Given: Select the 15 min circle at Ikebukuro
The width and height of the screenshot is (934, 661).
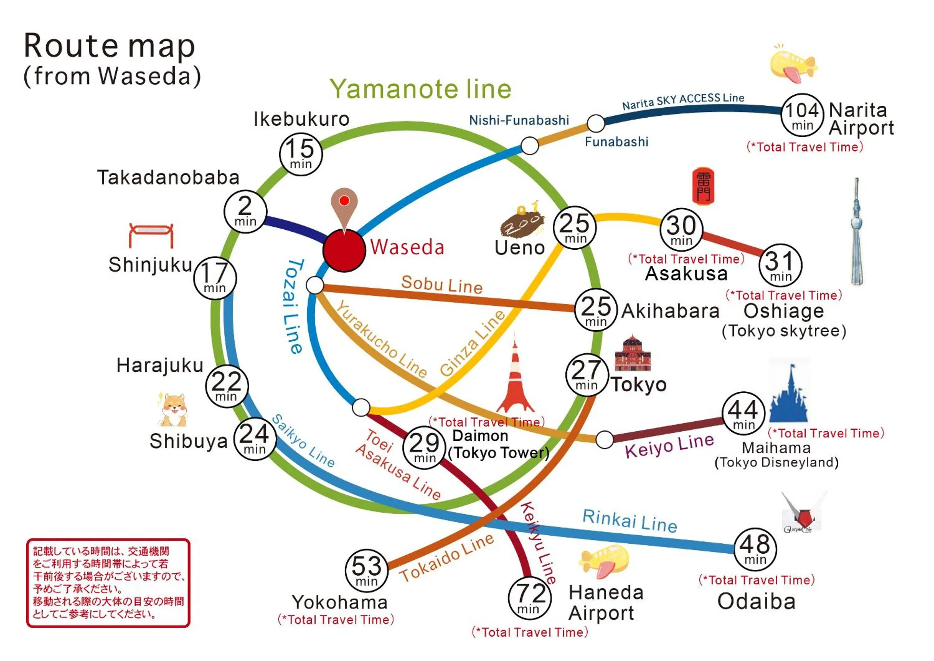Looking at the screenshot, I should pos(301,154).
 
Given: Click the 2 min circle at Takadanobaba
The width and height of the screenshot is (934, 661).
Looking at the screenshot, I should pos(245,212).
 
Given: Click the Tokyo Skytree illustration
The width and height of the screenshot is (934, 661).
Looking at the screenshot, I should pos(856,232).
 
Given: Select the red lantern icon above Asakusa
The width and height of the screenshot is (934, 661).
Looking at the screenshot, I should pos(703,186).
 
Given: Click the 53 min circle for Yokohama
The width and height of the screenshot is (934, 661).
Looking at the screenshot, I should pos(366,570).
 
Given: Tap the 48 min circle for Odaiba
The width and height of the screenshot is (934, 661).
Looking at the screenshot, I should pos(755,549).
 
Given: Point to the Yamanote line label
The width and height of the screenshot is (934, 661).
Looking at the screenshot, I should pos(420,89).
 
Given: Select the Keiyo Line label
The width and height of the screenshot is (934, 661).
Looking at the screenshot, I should pos(669,445).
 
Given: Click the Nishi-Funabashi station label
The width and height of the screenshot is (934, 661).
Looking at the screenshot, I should pos(519,121).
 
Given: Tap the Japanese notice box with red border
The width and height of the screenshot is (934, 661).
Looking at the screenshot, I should pos(108,583).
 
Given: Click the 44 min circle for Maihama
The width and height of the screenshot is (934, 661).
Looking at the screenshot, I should pos(743,414).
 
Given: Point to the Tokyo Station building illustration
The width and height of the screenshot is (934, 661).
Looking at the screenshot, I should pos(632,354).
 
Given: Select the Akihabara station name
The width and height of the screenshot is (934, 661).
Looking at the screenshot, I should pos(670,311).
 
